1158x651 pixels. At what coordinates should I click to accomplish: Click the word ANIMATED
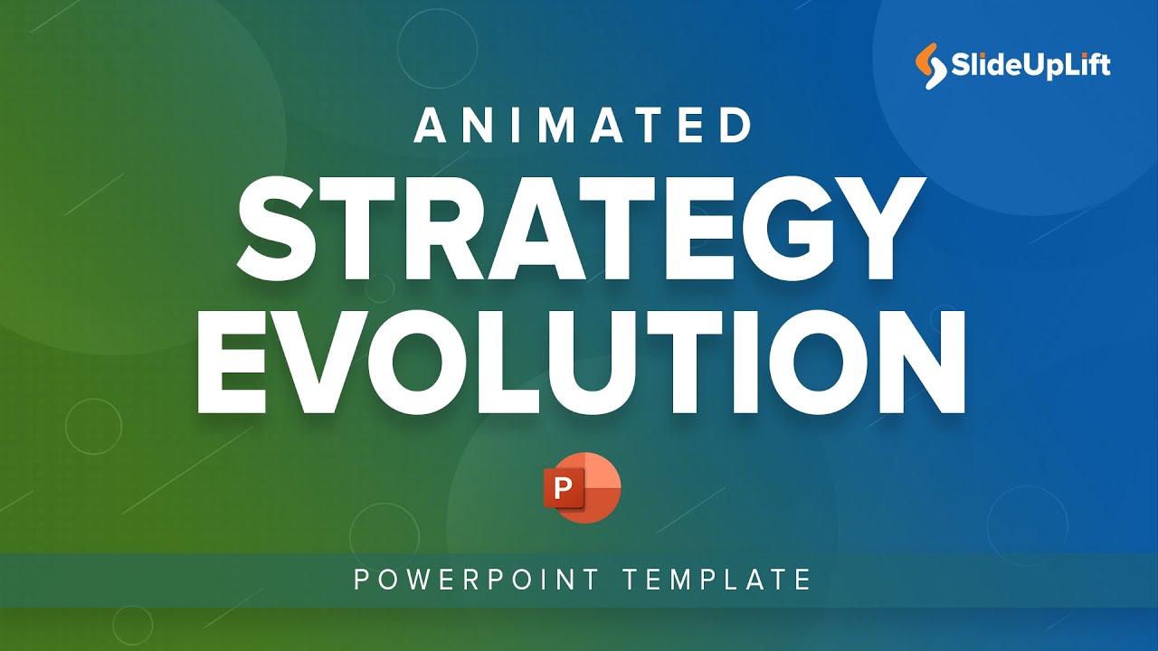pyautogui.click(x=584, y=126)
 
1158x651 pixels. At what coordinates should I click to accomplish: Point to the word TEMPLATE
pyautogui.click(x=717, y=579)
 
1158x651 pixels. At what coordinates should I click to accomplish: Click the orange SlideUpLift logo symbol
pyautogui.click(x=930, y=66)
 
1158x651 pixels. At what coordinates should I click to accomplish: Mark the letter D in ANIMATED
pyautogui.click(x=734, y=126)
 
